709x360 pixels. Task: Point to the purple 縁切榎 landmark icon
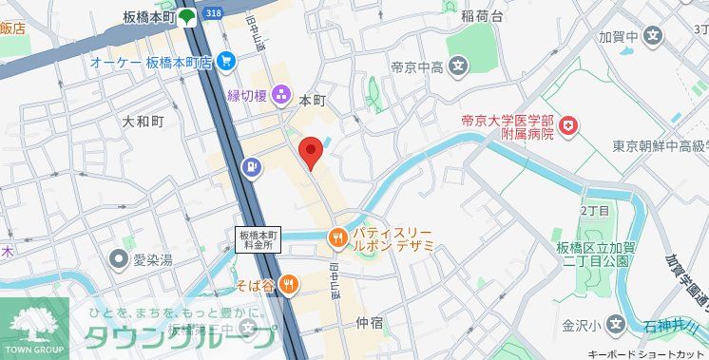(281, 94)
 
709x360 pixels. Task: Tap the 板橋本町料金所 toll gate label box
(259, 238)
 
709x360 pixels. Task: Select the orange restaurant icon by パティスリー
(336, 237)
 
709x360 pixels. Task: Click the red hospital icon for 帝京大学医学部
(568, 125)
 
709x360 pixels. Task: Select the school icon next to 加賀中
(652, 37)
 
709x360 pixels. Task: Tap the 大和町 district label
(144, 123)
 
